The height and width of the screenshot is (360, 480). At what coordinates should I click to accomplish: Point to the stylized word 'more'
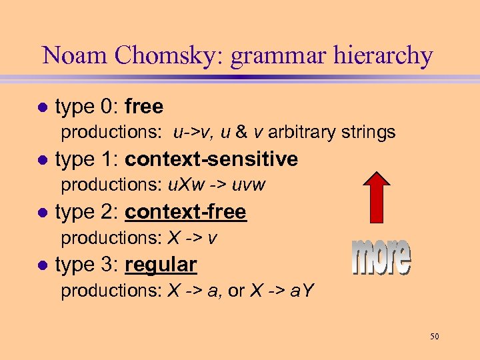coord(381,257)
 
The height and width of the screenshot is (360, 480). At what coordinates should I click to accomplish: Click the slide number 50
coord(434,337)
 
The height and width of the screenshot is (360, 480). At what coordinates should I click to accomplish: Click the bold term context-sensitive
coord(211,159)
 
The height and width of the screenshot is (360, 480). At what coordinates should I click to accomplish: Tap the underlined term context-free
coord(185,212)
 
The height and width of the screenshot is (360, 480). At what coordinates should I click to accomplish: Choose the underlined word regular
coord(160,265)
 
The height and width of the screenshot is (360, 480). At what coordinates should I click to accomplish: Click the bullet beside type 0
coord(43,107)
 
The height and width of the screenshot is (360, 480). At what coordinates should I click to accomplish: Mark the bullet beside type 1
coord(43,160)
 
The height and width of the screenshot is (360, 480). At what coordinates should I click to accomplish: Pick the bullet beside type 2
coord(43,213)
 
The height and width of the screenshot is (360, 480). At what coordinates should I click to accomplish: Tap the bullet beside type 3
coord(43,265)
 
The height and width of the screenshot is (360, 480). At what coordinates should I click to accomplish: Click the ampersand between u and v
coord(243,132)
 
